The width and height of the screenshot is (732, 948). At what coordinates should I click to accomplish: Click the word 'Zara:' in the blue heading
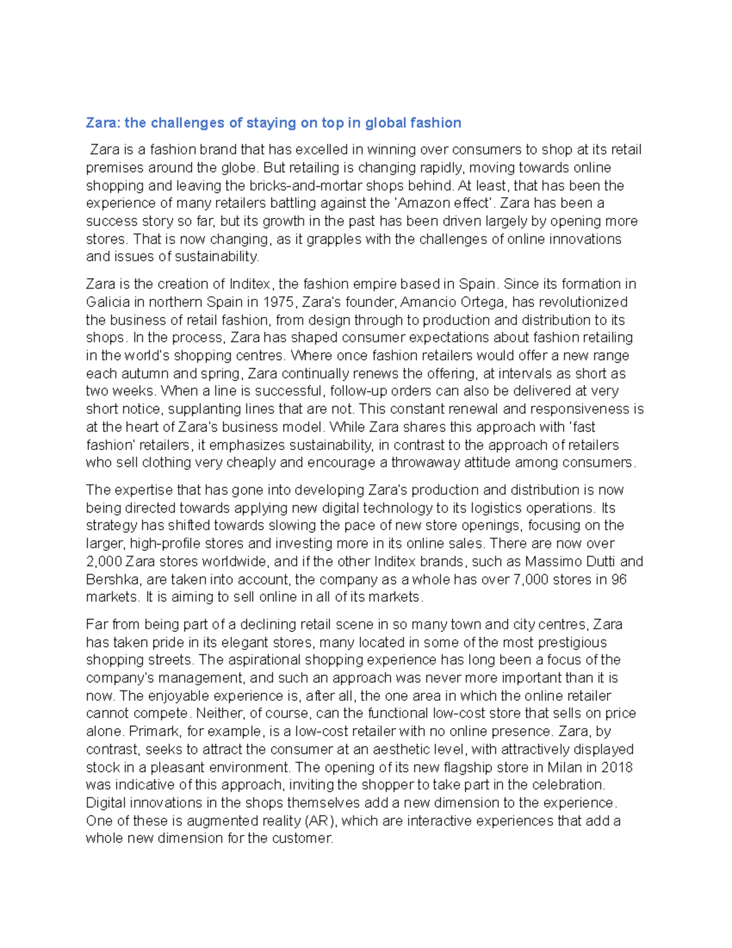tap(103, 123)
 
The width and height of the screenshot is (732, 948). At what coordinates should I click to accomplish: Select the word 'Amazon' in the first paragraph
tap(422, 203)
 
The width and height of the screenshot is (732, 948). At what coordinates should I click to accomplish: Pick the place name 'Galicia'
tap(108, 302)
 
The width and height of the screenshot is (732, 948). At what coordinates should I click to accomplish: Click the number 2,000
tap(104, 562)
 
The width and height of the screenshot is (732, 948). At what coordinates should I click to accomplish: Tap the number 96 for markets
tap(619, 579)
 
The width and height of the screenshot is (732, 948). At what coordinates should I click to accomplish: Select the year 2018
tap(617, 767)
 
